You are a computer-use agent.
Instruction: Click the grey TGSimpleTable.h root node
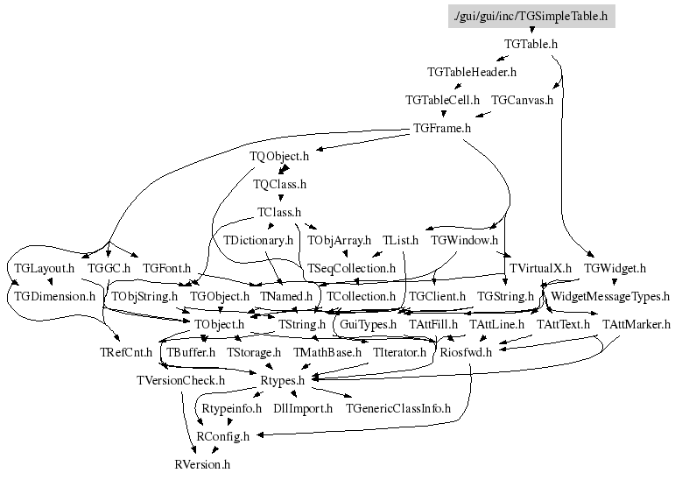[531, 16]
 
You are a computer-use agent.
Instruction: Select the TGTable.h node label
[531, 45]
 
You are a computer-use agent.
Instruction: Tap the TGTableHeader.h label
[472, 72]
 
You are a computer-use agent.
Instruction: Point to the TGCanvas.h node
[522, 101]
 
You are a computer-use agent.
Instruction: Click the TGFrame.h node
[442, 129]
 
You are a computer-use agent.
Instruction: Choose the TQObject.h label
[278, 156]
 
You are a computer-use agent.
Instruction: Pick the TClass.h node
[278, 212]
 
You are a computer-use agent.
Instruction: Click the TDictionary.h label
[258, 241]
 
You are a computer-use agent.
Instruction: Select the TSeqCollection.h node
[351, 269]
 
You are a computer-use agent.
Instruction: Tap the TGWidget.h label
[615, 269]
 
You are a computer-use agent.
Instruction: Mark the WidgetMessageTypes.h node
[610, 297]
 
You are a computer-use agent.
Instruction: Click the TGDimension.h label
[54, 297]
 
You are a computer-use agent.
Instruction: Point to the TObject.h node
[219, 325]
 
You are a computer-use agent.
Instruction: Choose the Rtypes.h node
[282, 381]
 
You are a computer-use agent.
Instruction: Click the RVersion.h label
[202, 465]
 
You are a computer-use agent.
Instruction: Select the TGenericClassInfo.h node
[398, 409]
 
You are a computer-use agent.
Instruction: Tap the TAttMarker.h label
[636, 325]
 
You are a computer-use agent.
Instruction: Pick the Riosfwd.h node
[466, 352]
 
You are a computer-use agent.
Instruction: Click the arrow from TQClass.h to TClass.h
[280, 197]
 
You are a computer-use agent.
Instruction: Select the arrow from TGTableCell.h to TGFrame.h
[443, 113]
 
